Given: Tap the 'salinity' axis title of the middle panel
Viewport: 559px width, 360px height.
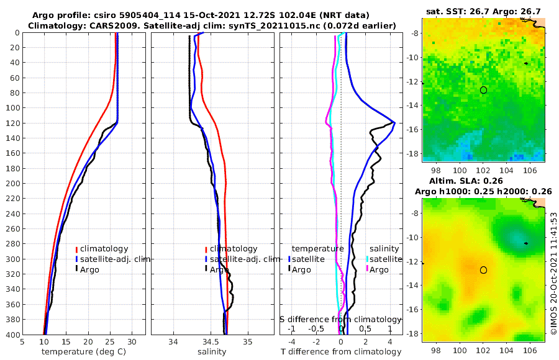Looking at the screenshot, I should [x=212, y=352].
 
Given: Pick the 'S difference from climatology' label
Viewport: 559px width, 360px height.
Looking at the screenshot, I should [x=340, y=319].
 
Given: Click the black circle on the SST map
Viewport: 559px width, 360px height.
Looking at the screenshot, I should [x=483, y=90].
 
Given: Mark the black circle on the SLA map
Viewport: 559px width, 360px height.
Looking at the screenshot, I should [x=483, y=270].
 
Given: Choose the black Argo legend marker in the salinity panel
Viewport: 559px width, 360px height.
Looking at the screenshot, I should [x=206, y=269].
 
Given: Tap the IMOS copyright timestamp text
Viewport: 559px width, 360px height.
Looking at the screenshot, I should [x=553, y=273].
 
